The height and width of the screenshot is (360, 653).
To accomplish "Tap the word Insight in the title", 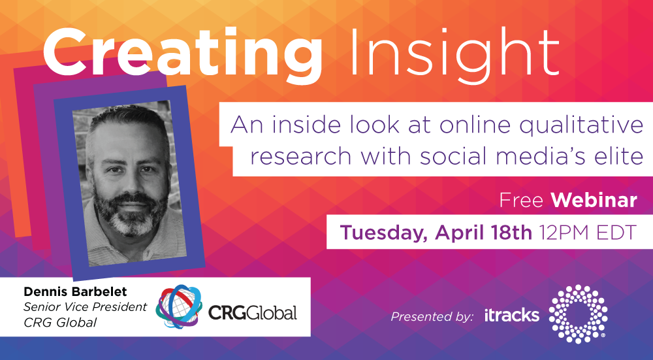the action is [454, 52].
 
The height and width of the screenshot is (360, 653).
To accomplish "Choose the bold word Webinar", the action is [594, 201].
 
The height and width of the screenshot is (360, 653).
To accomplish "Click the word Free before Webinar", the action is [521, 201].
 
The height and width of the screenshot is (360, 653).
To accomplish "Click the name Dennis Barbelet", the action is [75, 292].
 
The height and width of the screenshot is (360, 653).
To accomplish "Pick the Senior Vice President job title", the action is [85, 307].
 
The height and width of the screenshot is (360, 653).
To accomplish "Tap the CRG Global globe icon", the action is [179, 306].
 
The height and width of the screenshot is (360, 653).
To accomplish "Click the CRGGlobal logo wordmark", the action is [252, 312].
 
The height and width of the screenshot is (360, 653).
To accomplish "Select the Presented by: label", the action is [432, 317].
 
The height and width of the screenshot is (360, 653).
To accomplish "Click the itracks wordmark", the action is [512, 316].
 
